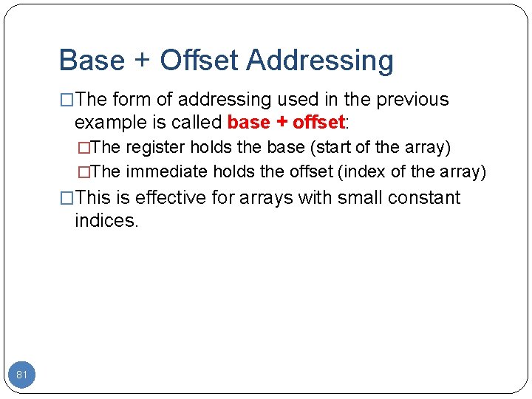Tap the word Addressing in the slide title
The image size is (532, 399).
point(320,61)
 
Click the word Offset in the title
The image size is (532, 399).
point(199,61)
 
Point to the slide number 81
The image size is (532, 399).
point(22,375)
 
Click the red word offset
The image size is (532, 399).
point(318,121)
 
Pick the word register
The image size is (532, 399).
point(156,148)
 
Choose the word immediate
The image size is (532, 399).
point(167,172)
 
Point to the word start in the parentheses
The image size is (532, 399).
point(332,148)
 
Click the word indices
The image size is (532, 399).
point(106,220)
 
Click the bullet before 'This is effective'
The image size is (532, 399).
point(67,198)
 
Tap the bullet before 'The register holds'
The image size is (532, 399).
point(83,148)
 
